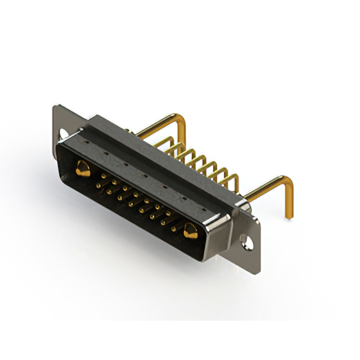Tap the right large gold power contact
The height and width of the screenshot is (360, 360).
pyautogui.click(x=190, y=230)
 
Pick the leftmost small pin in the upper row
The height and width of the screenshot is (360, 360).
pyautogui.click(x=104, y=176)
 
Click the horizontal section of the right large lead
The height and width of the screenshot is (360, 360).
pyautogui.click(x=264, y=189)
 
